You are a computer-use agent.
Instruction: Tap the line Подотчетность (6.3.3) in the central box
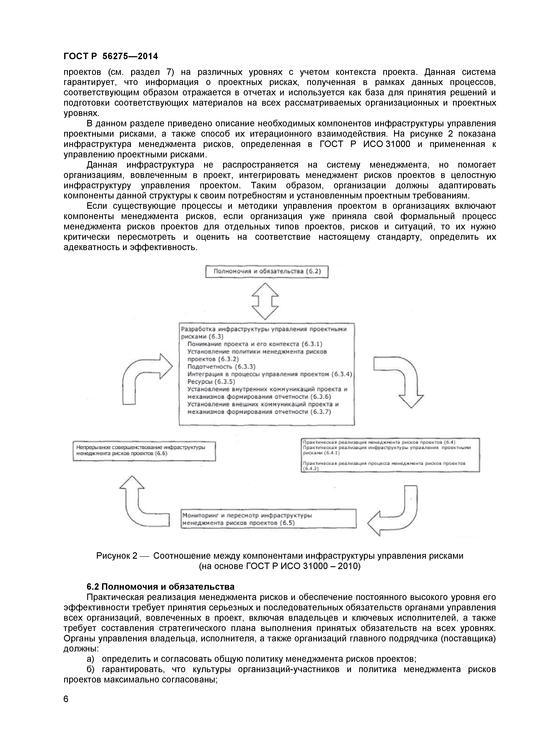[221, 366]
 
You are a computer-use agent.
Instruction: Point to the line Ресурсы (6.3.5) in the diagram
[211, 381]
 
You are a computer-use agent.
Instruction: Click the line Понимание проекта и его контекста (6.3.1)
[255, 344]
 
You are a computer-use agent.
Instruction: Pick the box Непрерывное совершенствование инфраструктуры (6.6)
[144, 451]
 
